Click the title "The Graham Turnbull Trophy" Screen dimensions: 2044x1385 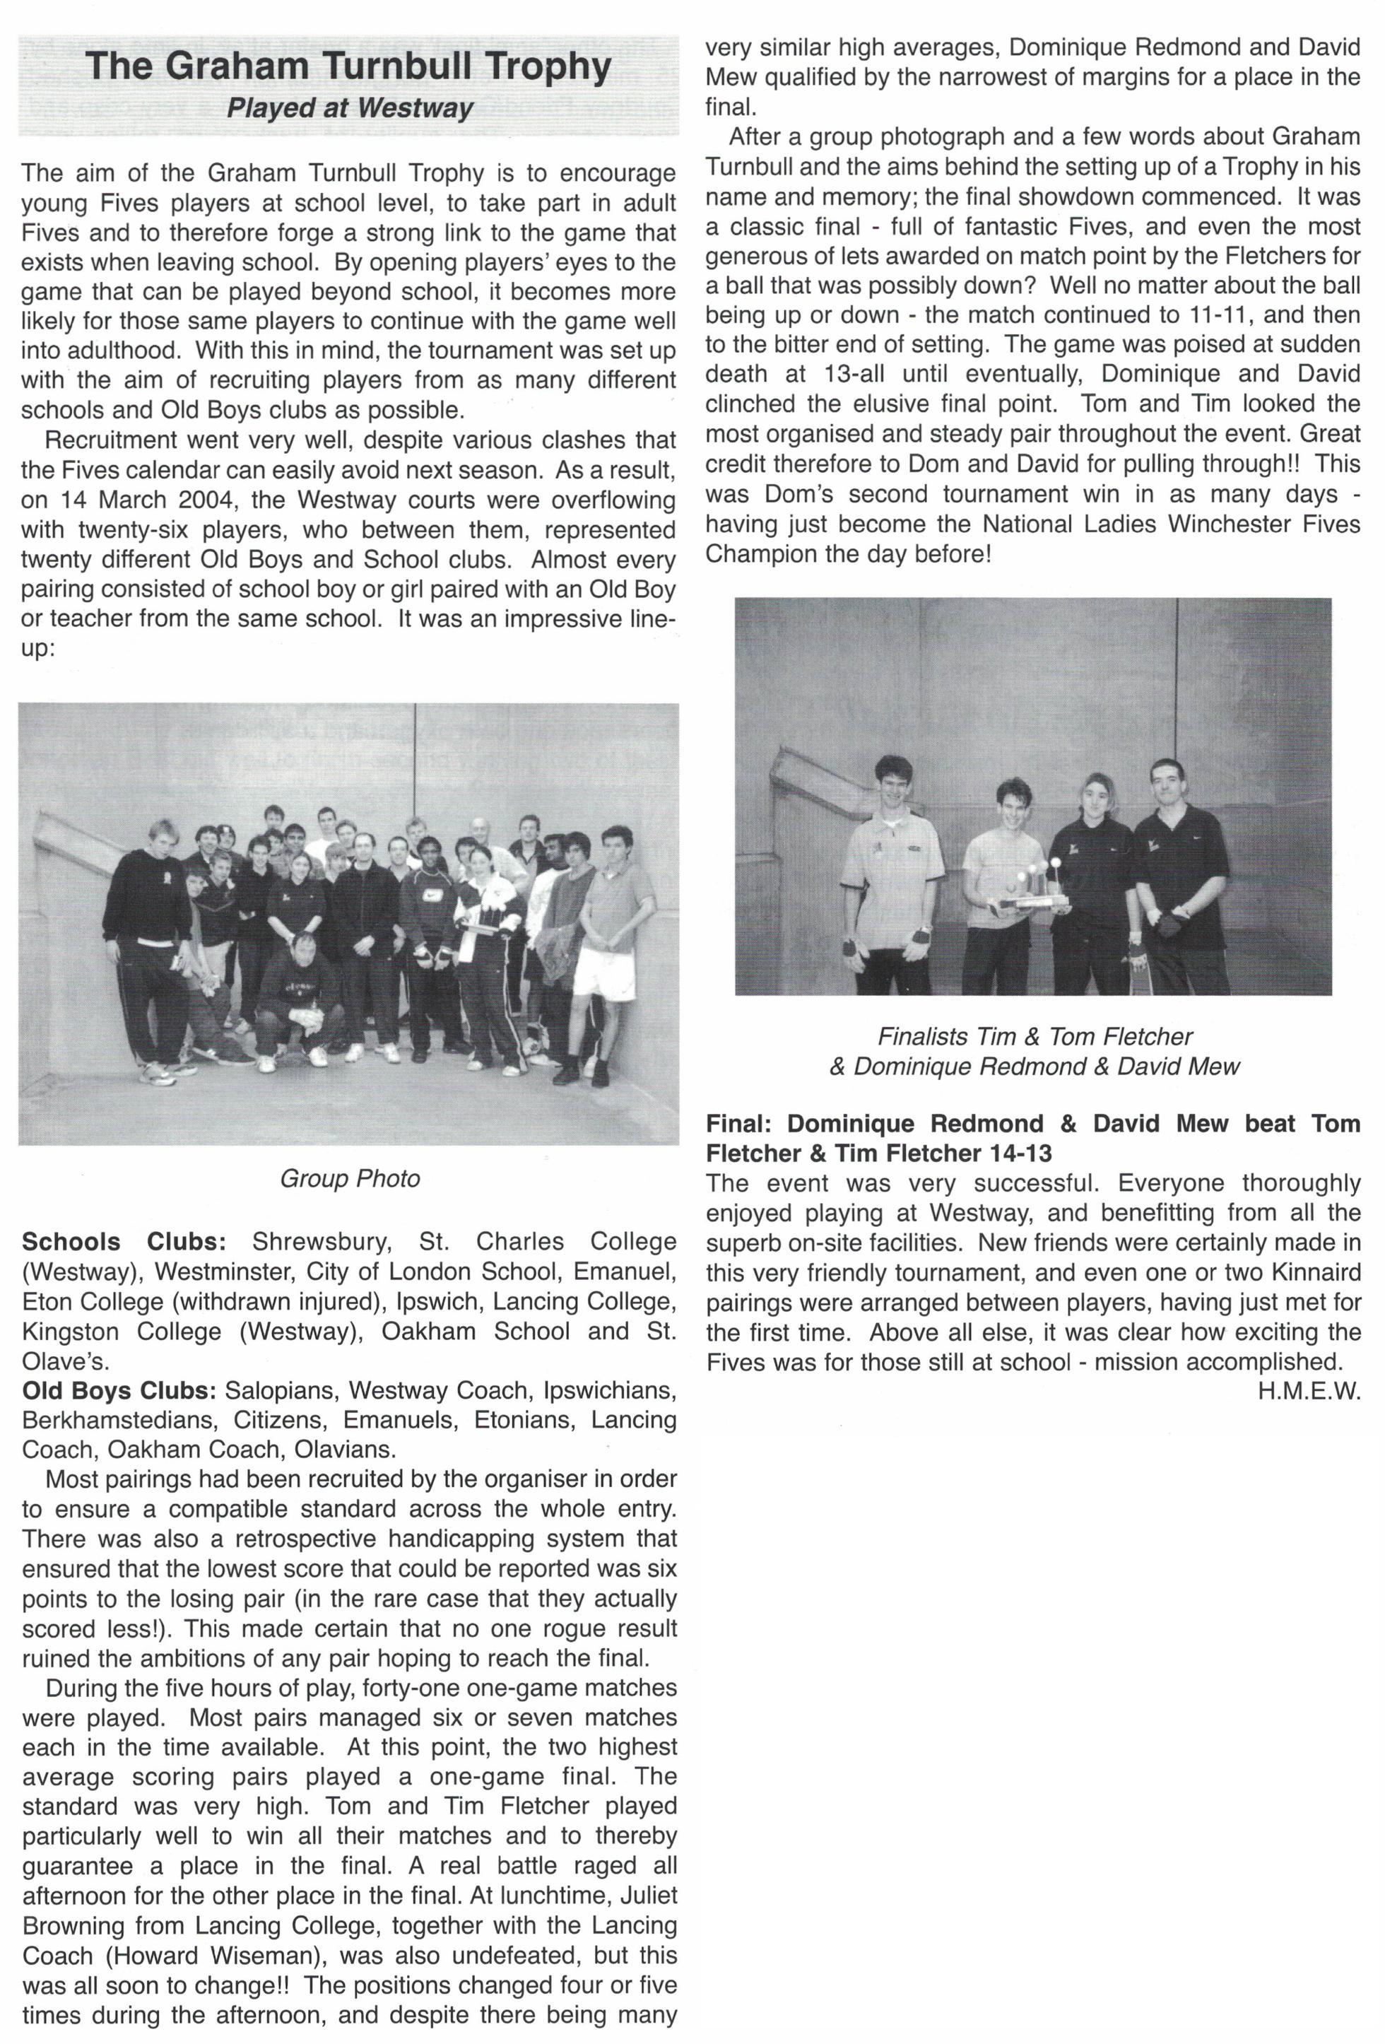(348, 67)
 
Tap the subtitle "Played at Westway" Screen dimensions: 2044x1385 (349, 108)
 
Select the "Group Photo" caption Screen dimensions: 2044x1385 (349, 1179)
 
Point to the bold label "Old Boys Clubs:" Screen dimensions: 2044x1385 (119, 1392)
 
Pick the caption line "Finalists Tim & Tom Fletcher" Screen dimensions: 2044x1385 (1034, 1037)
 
